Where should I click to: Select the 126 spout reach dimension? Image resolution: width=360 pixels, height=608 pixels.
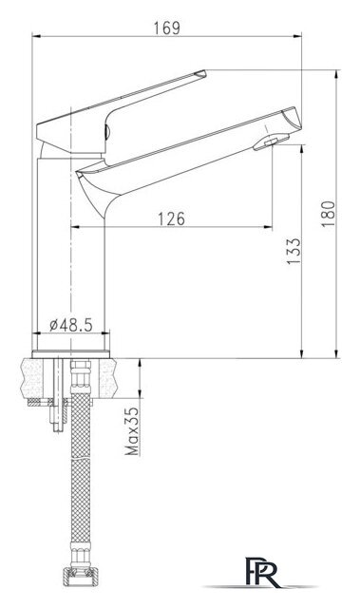(x=170, y=218)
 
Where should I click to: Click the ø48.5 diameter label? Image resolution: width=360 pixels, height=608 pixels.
(x=71, y=325)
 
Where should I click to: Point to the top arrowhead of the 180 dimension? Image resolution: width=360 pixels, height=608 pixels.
(x=338, y=72)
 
